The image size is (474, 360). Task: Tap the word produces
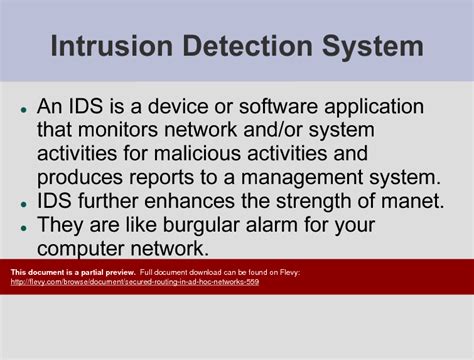81,177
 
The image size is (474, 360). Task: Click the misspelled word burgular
210,223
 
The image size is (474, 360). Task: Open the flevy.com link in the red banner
135,282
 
